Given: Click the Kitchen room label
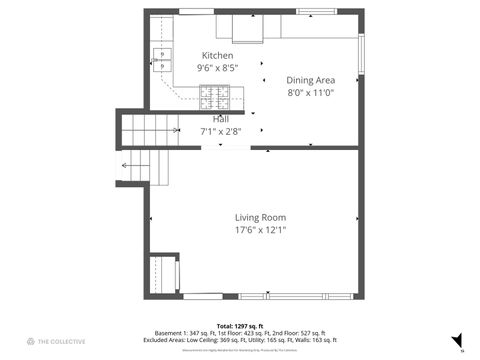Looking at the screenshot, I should pos(217,55).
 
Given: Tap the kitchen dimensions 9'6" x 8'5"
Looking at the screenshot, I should pos(217,68).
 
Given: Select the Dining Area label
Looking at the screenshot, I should pos(310,79).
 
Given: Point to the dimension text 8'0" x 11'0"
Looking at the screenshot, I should pos(310,92).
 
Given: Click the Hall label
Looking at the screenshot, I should pos(220,118).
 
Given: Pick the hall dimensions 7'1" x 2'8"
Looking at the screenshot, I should pos(220,130).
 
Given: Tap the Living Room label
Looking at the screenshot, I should pos(260,217).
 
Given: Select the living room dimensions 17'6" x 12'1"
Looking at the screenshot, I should pos(260,230).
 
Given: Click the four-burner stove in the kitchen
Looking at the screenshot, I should pos(214,96).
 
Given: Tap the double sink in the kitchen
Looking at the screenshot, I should pos(162,60).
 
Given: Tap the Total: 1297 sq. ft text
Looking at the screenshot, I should pos(239,325).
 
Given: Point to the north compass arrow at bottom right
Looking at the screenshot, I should pos(457,340).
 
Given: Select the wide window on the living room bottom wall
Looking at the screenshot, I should pos(295,296).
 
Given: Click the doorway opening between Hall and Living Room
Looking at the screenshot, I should pos(226,148).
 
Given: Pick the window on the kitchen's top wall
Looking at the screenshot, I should pos(196,11).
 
